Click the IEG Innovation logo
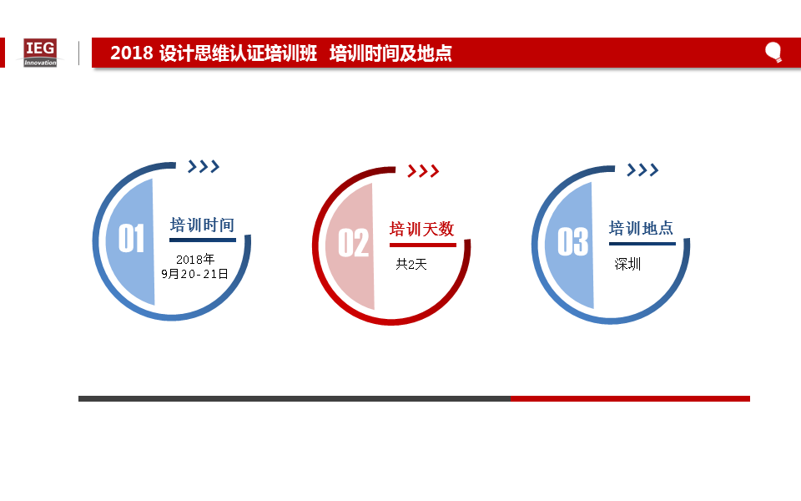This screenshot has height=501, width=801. [40, 53]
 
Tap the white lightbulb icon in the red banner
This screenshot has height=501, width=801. [773, 52]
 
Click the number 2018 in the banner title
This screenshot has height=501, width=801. [132, 53]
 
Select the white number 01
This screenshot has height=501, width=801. [131, 238]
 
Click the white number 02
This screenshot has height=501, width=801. [353, 243]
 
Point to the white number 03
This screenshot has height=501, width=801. [572, 241]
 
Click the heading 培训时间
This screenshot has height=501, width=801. [202, 225]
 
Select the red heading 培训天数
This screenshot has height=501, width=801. [422, 229]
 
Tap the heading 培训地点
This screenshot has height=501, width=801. [641, 228]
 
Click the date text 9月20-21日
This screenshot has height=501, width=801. [194, 274]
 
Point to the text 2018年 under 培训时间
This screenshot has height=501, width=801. [195, 259]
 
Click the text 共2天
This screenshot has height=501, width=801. [411, 265]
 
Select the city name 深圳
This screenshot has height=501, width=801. [627, 265]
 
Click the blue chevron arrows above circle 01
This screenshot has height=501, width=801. [204, 166]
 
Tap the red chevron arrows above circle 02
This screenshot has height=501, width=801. [423, 170]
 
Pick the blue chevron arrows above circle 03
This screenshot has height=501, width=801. [642, 170]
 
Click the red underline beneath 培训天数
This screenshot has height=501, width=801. [423, 245]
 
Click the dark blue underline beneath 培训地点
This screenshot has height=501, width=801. [642, 244]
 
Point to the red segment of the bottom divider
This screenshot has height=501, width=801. [630, 399]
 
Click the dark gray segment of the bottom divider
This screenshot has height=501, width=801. [295, 399]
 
